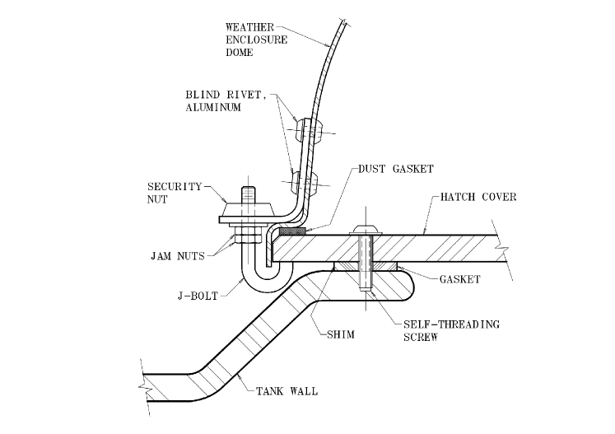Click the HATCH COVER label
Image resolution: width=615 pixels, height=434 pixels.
click(478, 197)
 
